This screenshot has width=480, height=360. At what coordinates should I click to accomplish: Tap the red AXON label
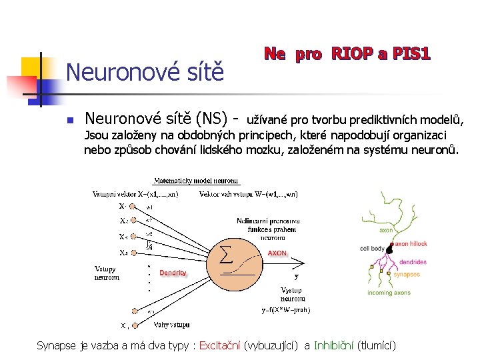pyautogui.click(x=277, y=253)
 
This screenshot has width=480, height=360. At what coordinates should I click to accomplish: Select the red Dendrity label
pyautogui.click(x=173, y=273)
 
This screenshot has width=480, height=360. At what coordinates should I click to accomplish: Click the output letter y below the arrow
pyautogui.click(x=296, y=275)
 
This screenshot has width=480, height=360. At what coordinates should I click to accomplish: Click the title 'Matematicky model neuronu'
pyautogui.click(x=195, y=181)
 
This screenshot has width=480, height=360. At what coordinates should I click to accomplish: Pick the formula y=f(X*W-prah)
pyautogui.click(x=285, y=309)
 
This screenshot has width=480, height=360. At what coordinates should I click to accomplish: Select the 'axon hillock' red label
pyautogui.click(x=411, y=244)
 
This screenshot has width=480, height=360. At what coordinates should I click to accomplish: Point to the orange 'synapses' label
pyautogui.click(x=407, y=274)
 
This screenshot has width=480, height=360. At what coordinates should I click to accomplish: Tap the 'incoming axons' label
pyautogui.click(x=389, y=293)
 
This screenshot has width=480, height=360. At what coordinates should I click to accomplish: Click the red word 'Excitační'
pyautogui.click(x=220, y=345)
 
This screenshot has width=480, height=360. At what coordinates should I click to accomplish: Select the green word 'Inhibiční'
pyautogui.click(x=334, y=345)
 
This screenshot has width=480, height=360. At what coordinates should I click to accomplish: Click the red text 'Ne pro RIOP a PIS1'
pyautogui.click(x=347, y=53)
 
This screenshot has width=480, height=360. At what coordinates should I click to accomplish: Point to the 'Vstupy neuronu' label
pyautogui.click(x=107, y=273)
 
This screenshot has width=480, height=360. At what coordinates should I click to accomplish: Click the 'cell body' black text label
pyautogui.click(x=371, y=248)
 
